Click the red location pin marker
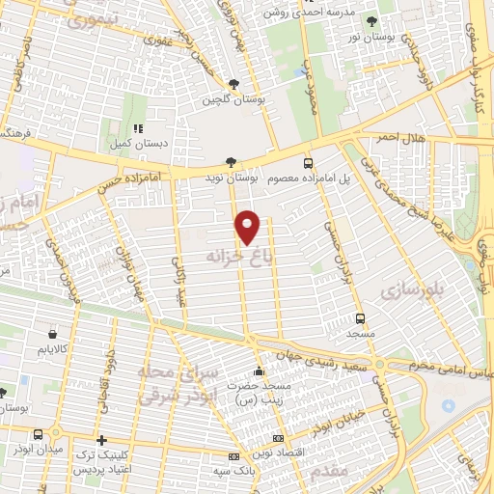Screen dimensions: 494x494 249,227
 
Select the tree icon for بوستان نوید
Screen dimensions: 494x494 229,162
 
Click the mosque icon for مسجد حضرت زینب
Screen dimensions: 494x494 257,371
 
